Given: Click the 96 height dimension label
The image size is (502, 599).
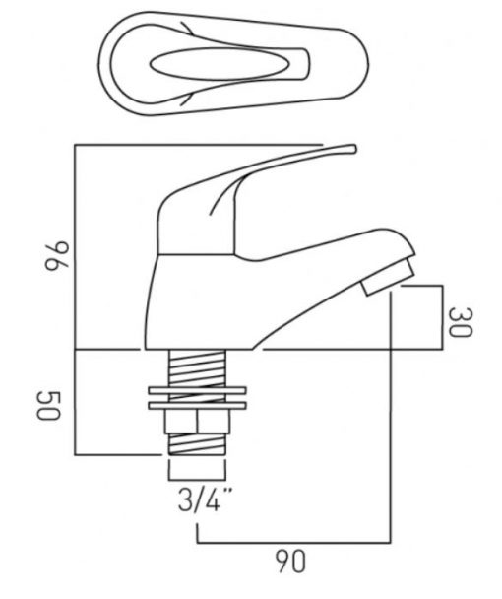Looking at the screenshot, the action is click(x=57, y=256).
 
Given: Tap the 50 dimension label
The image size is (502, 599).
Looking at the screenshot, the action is click(x=48, y=405).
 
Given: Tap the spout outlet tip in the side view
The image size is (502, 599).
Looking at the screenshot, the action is click(x=389, y=277).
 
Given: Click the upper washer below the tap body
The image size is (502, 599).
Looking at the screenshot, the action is click(x=197, y=390).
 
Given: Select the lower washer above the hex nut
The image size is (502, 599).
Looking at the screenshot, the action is click(x=197, y=405).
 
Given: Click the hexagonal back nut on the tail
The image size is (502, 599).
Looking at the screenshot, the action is click(x=197, y=422).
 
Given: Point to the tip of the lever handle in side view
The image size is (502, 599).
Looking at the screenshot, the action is click(x=353, y=148).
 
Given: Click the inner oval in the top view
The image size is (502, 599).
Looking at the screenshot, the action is click(x=217, y=64).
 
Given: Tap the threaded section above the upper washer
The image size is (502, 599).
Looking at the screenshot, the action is click(x=197, y=368).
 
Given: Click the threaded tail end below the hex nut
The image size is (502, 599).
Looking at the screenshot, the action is click(x=197, y=444).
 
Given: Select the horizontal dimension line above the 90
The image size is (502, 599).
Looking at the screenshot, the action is click(x=293, y=542).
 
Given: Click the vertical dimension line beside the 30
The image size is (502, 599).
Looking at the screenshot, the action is click(x=443, y=317).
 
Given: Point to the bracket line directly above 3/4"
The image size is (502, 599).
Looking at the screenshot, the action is click(x=197, y=480).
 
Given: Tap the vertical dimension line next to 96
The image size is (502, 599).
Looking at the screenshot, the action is click(x=75, y=246).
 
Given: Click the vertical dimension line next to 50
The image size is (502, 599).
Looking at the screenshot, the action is click(x=75, y=402).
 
